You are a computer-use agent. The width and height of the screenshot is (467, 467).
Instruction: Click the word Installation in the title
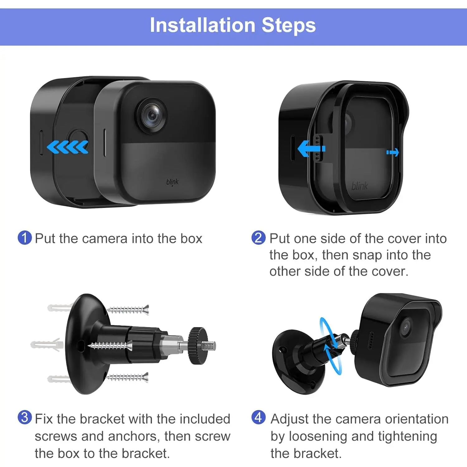203,25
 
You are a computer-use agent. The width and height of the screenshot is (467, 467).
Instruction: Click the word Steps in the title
289,25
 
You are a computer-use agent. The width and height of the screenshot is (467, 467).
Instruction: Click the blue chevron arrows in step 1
68,147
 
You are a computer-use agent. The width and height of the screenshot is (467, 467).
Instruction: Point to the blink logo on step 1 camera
172,182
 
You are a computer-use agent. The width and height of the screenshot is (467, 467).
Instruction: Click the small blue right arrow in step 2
393,152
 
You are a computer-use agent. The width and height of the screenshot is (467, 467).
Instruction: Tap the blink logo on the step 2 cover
360,186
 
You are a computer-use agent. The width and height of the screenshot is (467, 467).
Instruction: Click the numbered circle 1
25,238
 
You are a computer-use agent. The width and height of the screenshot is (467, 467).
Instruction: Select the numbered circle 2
258,238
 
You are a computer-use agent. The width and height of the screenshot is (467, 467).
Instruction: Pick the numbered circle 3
25,417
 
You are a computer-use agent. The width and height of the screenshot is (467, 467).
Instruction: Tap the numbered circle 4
258,417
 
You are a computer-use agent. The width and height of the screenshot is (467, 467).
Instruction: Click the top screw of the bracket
128,310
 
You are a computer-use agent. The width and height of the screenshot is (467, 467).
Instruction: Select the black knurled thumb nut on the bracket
197,346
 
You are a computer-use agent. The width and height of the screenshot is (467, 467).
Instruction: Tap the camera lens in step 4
405,328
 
